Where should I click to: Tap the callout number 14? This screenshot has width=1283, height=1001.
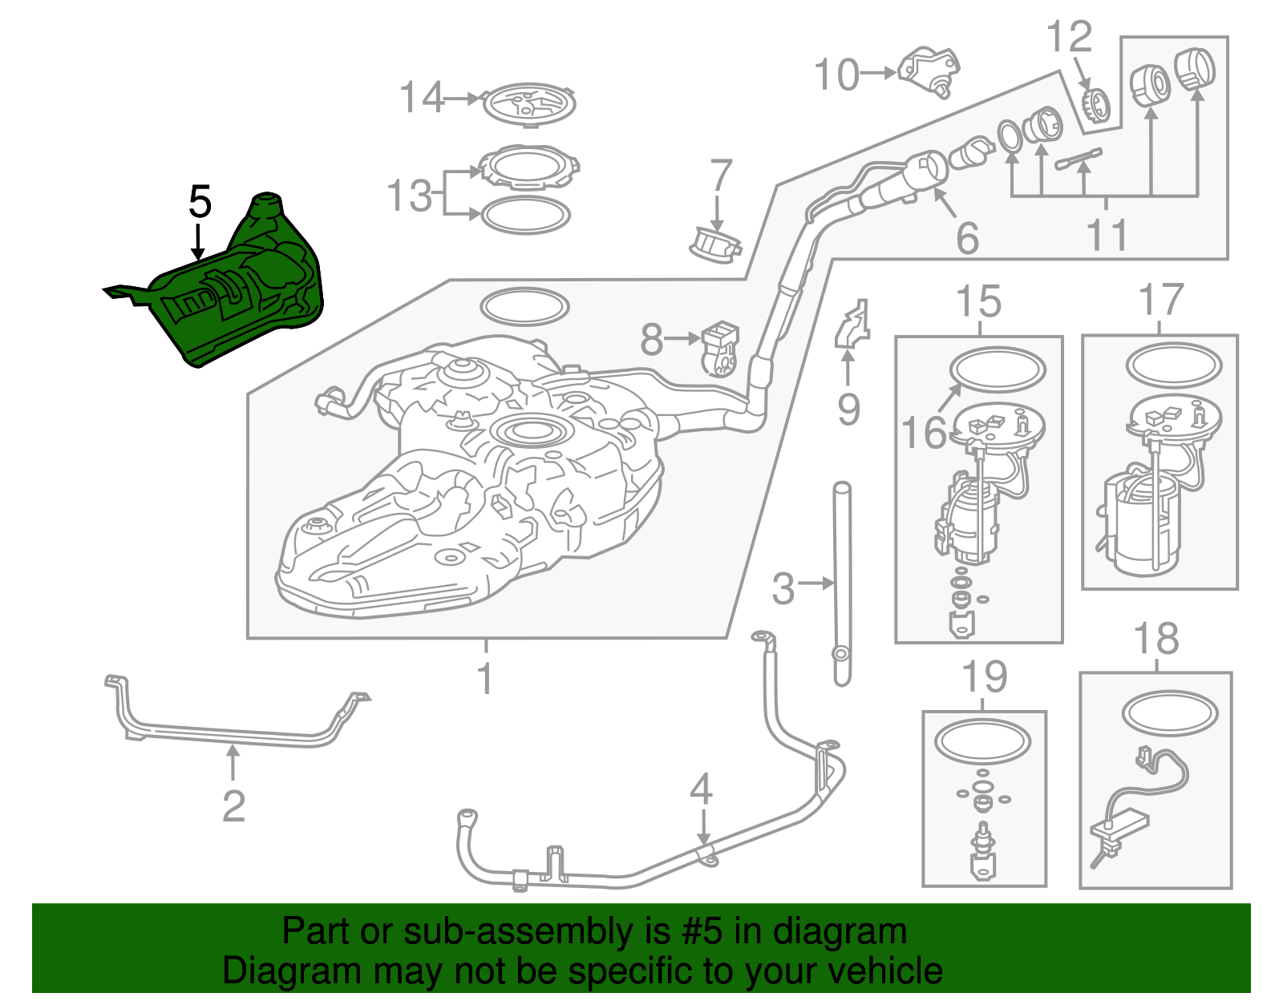[421, 97]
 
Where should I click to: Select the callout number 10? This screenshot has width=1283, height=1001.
[836, 75]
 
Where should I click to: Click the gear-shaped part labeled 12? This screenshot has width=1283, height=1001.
[1097, 106]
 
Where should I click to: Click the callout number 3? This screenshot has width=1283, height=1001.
[783, 588]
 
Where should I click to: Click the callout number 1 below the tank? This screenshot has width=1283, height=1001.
[485, 679]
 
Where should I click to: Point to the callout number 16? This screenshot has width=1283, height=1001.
[924, 432]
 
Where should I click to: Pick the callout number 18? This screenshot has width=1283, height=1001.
[1156, 638]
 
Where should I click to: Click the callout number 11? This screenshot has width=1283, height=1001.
[1107, 234]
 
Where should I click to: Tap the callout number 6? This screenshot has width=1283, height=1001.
[967, 238]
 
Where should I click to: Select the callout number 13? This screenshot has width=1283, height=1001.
[409, 196]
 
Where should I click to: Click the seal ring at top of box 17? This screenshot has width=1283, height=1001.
[1174, 365]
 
